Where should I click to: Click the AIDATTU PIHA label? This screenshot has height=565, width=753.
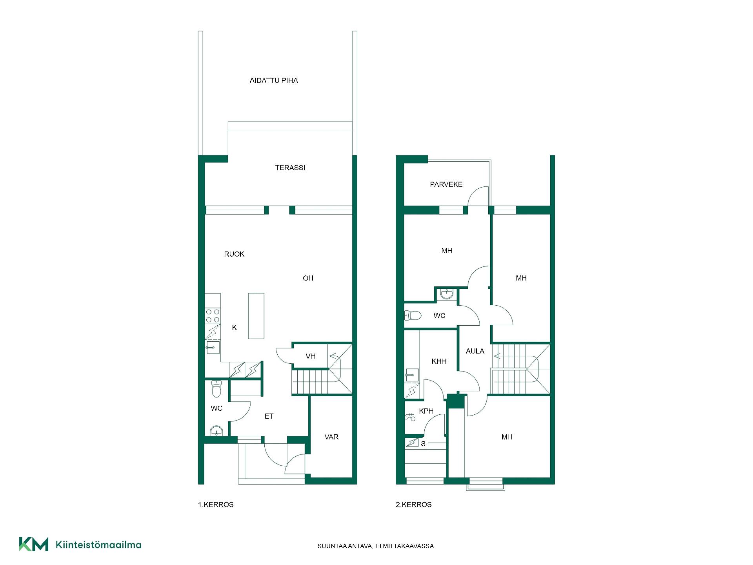(x=274, y=80)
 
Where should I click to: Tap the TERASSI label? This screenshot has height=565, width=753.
(x=290, y=168)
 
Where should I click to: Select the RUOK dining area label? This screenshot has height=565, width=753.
(x=234, y=254)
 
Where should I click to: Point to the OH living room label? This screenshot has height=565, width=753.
(x=308, y=278)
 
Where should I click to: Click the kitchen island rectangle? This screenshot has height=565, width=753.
(x=256, y=315)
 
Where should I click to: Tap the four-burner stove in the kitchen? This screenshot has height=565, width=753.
(x=213, y=316)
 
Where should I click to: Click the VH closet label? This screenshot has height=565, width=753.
(x=311, y=356)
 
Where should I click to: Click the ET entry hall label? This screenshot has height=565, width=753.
(x=269, y=416)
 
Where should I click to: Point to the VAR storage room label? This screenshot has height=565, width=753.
(x=331, y=437)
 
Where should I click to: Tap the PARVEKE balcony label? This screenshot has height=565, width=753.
(x=446, y=184)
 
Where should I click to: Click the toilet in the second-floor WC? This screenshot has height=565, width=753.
(x=413, y=315)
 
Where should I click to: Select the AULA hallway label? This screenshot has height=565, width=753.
(x=475, y=351)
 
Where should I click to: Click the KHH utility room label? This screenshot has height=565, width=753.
(x=439, y=361)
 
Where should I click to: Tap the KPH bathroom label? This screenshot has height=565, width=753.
(x=426, y=411)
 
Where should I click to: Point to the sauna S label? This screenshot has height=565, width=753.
(x=423, y=444)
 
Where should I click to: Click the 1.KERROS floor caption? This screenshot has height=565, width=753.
(x=216, y=505)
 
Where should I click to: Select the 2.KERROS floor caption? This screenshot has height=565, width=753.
(x=414, y=505)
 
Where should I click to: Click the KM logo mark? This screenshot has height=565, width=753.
(x=34, y=544)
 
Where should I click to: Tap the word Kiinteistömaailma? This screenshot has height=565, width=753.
(x=99, y=545)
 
